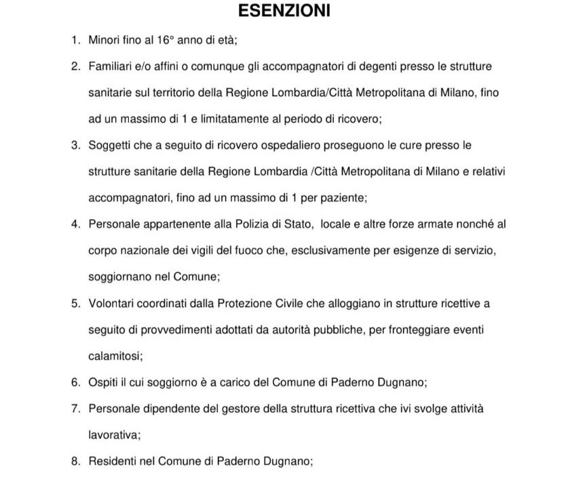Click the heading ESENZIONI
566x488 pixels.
pyautogui.click(x=284, y=12)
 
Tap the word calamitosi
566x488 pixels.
pyautogui.click(x=115, y=356)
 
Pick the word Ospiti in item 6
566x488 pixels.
pyautogui.click(x=105, y=382)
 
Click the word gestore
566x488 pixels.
pyautogui.click(x=261, y=409)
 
